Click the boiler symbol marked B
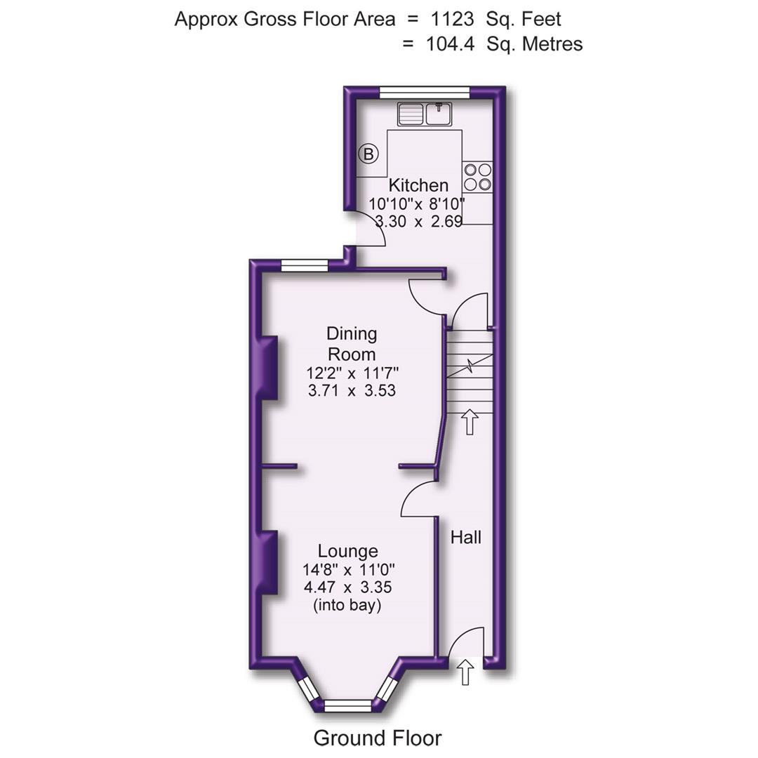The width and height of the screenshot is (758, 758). pyautogui.click(x=368, y=154)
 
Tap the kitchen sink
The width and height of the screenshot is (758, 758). pyautogui.click(x=425, y=114)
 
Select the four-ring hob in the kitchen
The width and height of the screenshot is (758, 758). pyautogui.click(x=478, y=177)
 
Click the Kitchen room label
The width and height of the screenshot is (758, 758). pyautogui.click(x=418, y=185)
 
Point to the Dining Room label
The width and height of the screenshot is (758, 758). pyautogui.click(x=352, y=343)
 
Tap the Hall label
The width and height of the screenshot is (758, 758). pyautogui.click(x=466, y=538)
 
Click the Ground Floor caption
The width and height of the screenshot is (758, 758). pyautogui.click(x=378, y=738)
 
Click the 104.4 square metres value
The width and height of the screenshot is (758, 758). pyautogui.click(x=450, y=44)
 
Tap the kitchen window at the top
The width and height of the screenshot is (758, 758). pyautogui.click(x=425, y=91)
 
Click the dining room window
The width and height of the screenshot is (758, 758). pyautogui.click(x=305, y=265)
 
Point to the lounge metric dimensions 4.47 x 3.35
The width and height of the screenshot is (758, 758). pyautogui.click(x=347, y=587)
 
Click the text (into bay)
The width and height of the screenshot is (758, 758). pyautogui.click(x=347, y=605)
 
